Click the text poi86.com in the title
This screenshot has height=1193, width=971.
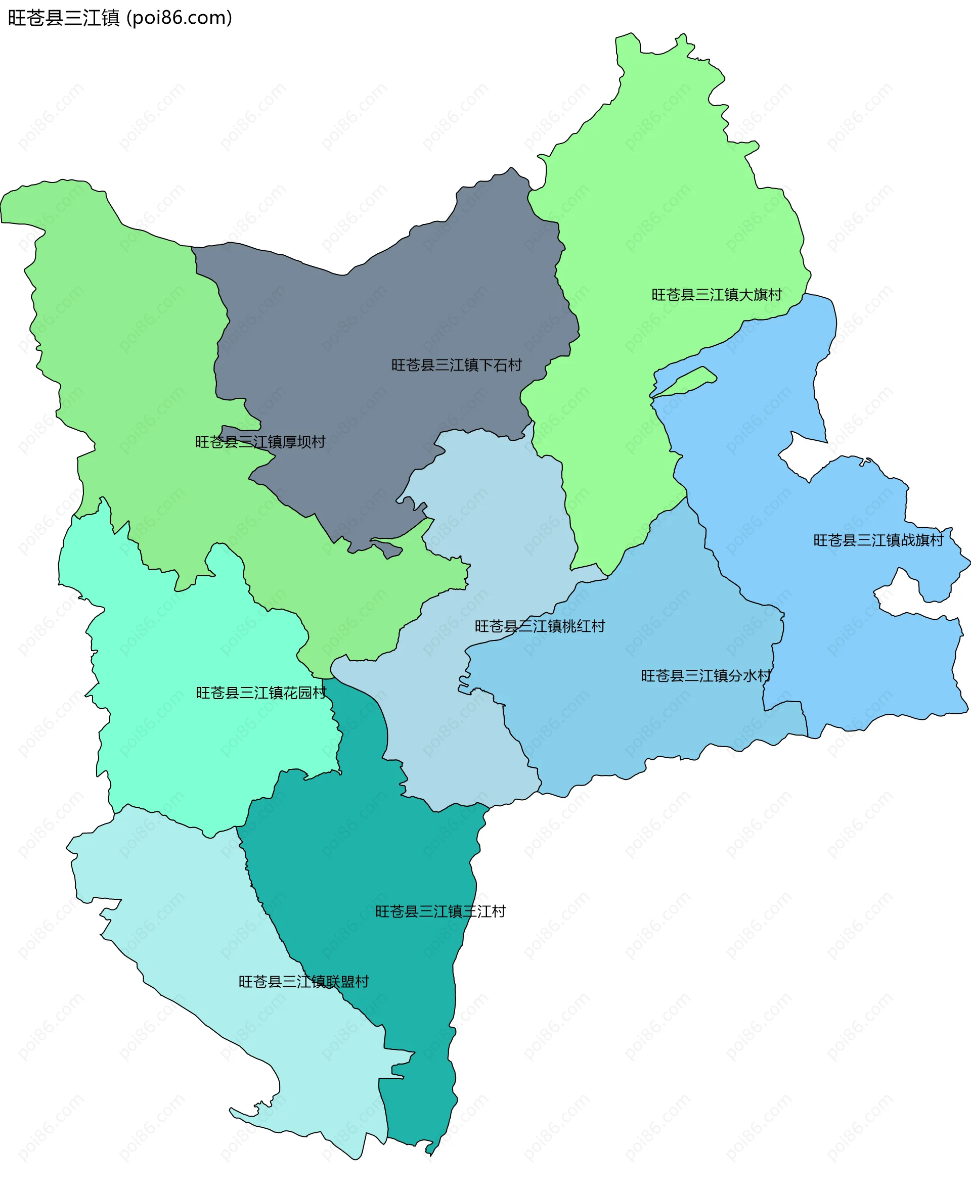179,18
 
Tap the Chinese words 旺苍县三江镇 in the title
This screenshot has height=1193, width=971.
64,18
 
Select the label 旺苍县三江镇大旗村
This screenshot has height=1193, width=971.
717,295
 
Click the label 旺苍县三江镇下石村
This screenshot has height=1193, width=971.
456,365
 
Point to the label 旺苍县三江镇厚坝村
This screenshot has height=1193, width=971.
260,442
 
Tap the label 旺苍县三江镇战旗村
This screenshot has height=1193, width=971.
878,540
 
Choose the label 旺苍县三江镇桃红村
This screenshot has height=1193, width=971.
540,626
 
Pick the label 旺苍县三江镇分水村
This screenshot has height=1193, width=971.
706,676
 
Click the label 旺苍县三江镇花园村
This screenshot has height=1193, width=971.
261,693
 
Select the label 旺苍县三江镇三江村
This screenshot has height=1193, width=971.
440,912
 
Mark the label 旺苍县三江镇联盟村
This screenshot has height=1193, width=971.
304,982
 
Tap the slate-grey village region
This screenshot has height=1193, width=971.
380,313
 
